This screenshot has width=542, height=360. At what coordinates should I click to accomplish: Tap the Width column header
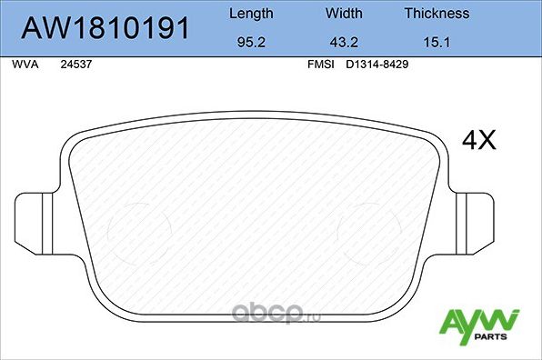pos(344,14)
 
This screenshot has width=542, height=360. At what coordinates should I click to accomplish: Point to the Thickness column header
pos(437,14)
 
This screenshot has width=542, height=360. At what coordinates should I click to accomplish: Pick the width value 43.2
pos(344,42)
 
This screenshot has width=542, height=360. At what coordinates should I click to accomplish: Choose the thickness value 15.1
pos(437,42)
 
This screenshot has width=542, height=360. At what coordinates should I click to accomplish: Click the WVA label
pos(25,66)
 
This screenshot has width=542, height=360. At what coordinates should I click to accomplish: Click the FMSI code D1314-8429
pos(375,66)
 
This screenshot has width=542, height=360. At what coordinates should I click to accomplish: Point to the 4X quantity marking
pos(479,140)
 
